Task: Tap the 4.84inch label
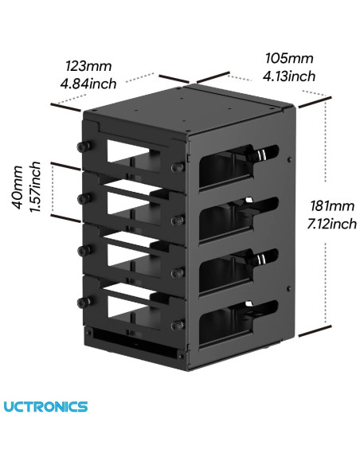coord(88,83)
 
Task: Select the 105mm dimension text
coord(289,59)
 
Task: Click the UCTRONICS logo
coord(46,407)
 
